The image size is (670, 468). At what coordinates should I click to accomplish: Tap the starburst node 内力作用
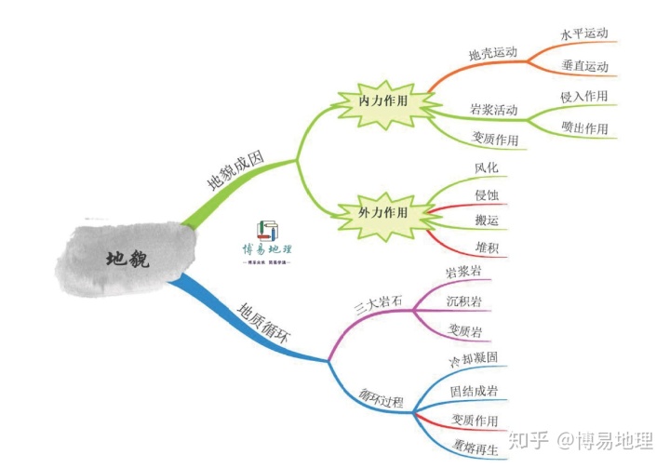pyautogui.click(x=383, y=100)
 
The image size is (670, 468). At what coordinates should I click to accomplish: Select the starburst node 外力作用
pyautogui.click(x=382, y=212)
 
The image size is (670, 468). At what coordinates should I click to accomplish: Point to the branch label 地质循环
pyautogui.click(x=263, y=323)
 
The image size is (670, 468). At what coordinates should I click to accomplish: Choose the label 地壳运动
pyautogui.click(x=492, y=53)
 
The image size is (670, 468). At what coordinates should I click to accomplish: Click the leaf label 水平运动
pyautogui.click(x=584, y=33)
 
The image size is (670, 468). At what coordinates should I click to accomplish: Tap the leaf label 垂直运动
pyautogui.click(x=584, y=66)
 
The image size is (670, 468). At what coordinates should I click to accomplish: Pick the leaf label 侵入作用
pyautogui.click(x=584, y=96)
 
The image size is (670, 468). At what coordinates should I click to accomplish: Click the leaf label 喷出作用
pyautogui.click(x=584, y=127)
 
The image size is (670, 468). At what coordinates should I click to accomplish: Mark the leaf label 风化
pyautogui.click(x=487, y=168)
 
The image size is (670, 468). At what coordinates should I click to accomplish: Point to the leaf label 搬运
pyautogui.click(x=487, y=221)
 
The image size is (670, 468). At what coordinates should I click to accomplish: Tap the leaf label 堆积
pyautogui.click(x=487, y=247)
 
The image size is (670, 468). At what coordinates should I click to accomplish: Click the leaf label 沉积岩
pyautogui.click(x=465, y=301)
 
